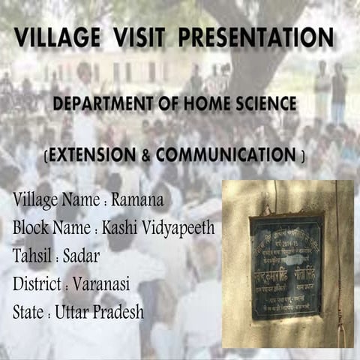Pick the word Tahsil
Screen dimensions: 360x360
(33, 256)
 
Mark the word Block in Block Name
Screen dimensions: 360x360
(31, 227)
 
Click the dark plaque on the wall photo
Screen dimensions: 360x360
(286, 267)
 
